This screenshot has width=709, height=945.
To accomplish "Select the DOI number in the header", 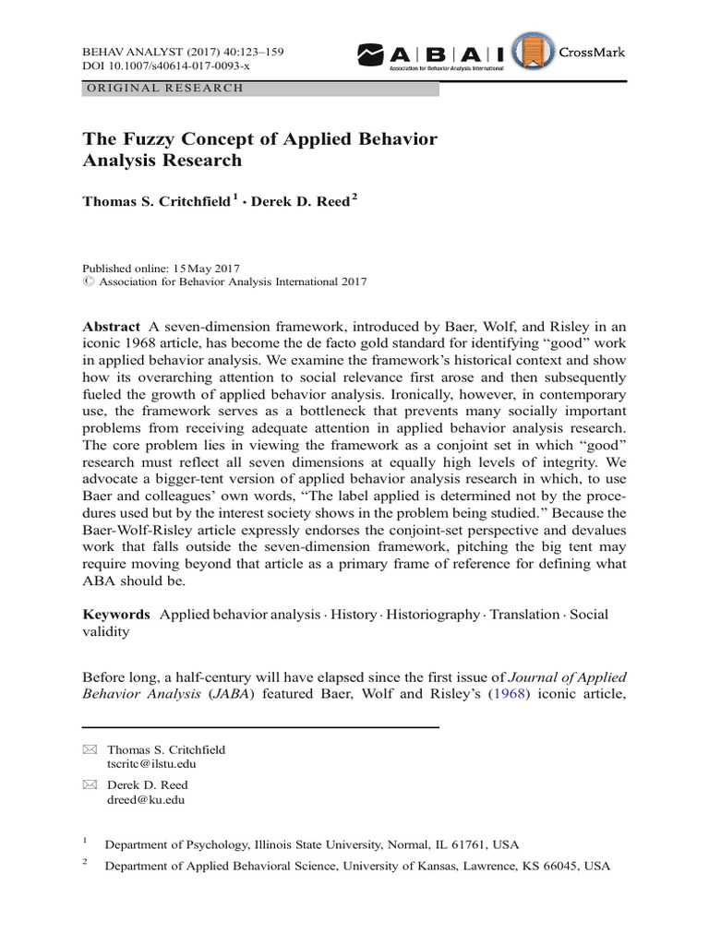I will click(170, 66).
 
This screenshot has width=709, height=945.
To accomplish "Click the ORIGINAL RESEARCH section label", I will click(164, 89).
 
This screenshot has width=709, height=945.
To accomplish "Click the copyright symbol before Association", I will click(89, 282).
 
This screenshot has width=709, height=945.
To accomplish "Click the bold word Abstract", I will click(111, 328).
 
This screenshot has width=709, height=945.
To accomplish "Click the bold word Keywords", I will click(116, 615).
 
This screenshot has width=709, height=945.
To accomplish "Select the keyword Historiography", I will click(429, 615).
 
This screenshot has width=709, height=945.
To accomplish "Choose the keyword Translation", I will click(524, 615).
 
